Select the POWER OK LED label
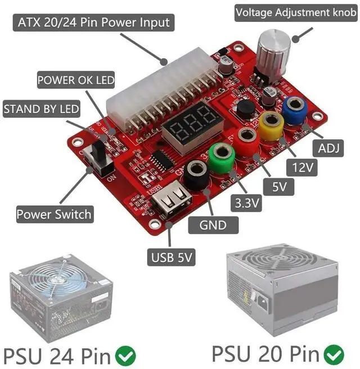click(x=76, y=80)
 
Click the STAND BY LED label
click(x=42, y=109)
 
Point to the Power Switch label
click(x=54, y=214)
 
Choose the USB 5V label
click(x=172, y=258)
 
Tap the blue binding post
click(x=294, y=109)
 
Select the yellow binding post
click(x=271, y=124)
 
